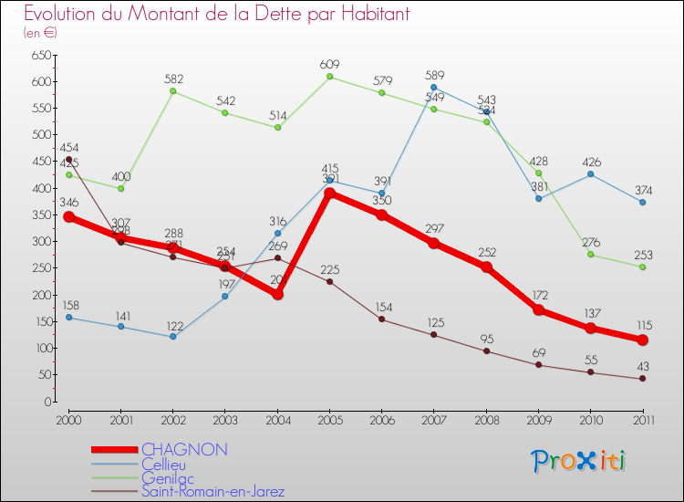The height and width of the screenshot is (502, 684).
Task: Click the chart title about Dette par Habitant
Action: [x=217, y=14]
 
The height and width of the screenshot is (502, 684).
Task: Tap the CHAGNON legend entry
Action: [x=184, y=450]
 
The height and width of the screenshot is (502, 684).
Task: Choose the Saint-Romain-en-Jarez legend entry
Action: [x=219, y=491]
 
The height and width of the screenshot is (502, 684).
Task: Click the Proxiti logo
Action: [x=579, y=461]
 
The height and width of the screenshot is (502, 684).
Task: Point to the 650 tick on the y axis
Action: [x=39, y=56]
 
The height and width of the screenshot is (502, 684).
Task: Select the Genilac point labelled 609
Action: [x=330, y=77]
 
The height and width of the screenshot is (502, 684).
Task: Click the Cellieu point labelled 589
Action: [x=434, y=87]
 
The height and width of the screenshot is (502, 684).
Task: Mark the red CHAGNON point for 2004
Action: [x=277, y=294]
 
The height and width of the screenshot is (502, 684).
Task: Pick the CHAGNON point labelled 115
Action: [x=642, y=340]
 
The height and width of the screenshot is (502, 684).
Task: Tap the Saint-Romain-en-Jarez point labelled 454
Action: [x=68, y=159]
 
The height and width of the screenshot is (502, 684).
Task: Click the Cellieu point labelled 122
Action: [x=172, y=336]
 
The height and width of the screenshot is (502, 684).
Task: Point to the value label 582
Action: [x=174, y=78]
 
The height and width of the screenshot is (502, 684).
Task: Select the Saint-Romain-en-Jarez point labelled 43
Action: [x=642, y=378]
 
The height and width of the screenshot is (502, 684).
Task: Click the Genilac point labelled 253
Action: [x=642, y=267]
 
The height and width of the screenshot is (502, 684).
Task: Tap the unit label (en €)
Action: [x=40, y=33]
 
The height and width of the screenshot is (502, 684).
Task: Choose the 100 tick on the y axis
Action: [x=39, y=349]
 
